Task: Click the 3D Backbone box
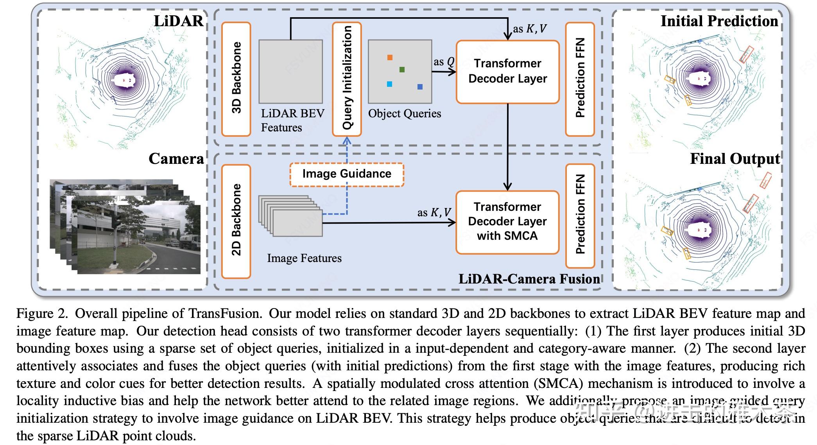tap(236, 79)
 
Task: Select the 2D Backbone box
tap(236, 221)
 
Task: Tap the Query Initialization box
tap(347, 79)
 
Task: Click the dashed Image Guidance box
tap(347, 174)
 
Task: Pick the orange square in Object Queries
tap(390, 57)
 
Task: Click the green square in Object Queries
tap(402, 70)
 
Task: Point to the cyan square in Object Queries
tap(389, 84)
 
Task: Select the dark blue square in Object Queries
tap(420, 87)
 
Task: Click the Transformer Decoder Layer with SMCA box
tap(507, 222)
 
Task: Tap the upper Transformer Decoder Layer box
tap(507, 72)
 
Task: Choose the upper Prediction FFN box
tap(580, 79)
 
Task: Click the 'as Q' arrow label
tap(444, 62)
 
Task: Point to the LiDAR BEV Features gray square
tap(290, 72)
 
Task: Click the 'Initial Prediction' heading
tap(719, 21)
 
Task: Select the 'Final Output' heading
tap(735, 159)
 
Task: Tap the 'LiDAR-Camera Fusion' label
tap(529, 279)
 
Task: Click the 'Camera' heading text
tap(176, 159)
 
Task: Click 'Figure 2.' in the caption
tap(42, 314)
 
